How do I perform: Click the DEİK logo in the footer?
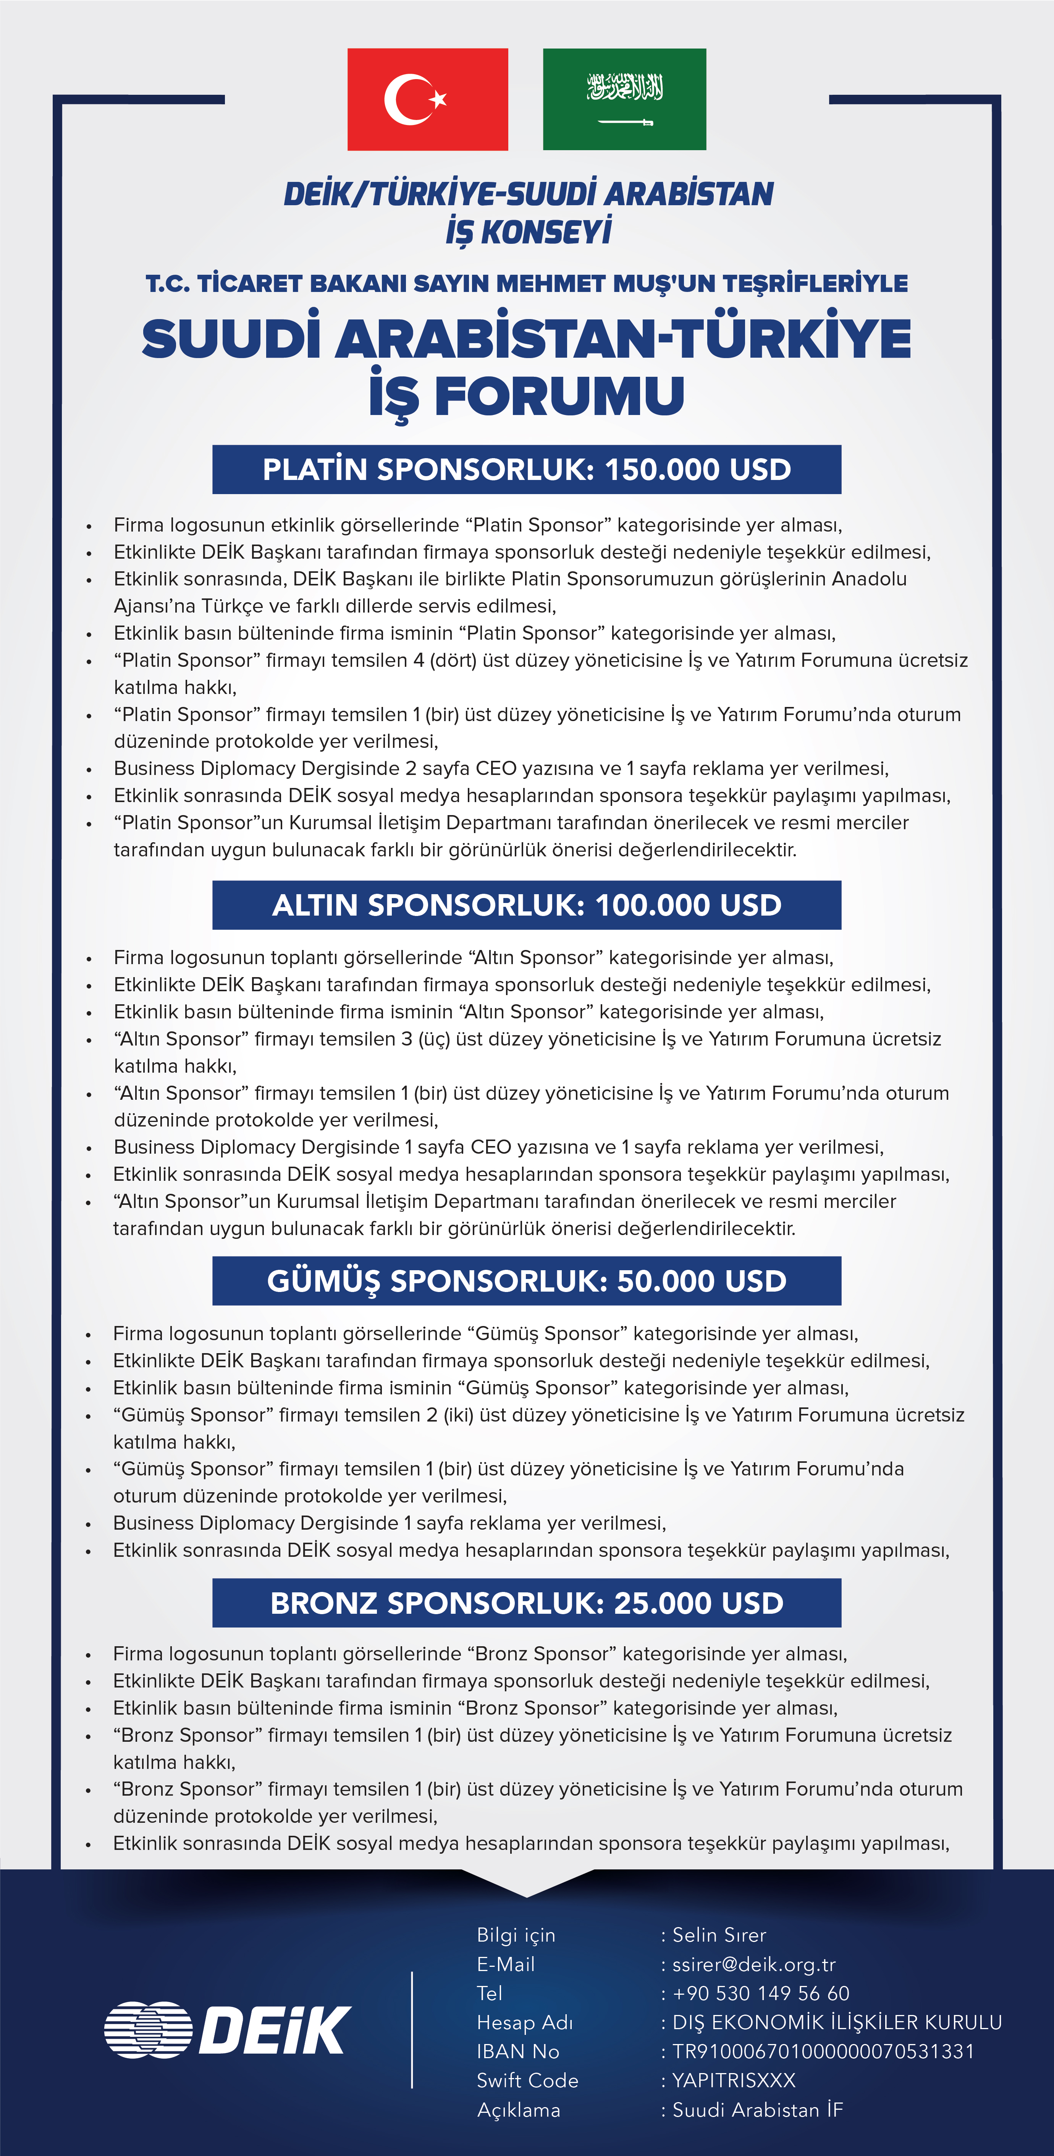tap(228, 2030)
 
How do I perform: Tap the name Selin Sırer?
tap(719, 1935)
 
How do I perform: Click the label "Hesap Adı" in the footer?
tap(524, 2023)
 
